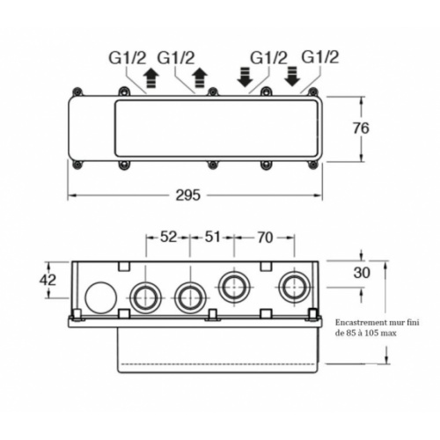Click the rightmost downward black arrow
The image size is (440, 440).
click(x=293, y=77)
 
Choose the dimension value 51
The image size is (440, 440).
click(x=212, y=237)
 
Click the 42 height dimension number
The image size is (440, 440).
click(x=49, y=280)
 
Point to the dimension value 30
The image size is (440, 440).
click(x=361, y=273)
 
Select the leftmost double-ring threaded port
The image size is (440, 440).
click(x=143, y=297)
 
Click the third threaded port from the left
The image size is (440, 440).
click(x=234, y=287)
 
